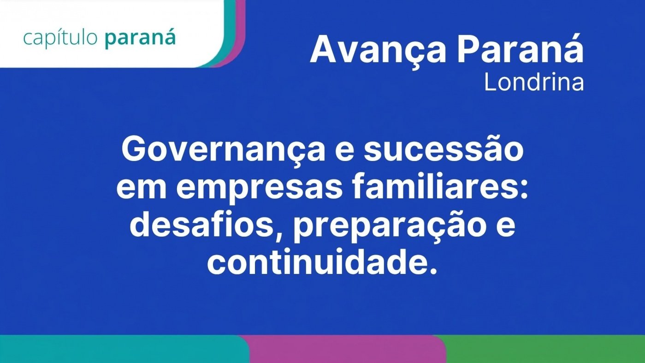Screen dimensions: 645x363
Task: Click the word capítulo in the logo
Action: tap(60, 38)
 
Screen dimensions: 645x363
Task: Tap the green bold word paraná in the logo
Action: tap(140, 38)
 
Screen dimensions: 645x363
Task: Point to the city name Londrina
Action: tap(534, 83)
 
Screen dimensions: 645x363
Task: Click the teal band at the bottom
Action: tap(124, 349)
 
